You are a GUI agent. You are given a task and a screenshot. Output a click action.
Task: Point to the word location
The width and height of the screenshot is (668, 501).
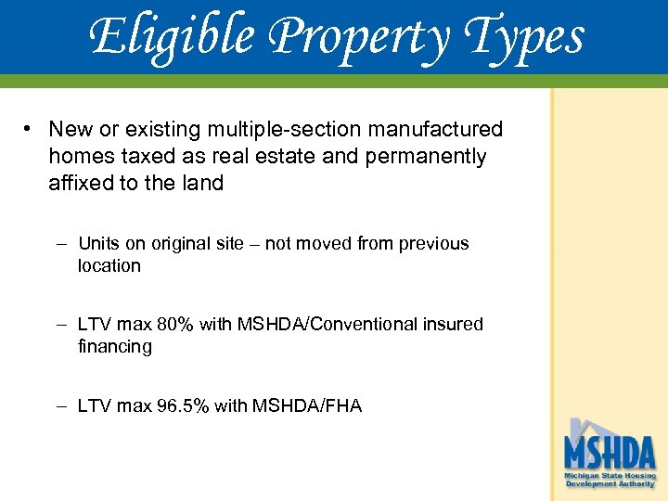[x=109, y=265]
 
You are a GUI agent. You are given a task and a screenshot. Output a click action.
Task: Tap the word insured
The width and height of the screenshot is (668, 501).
[x=453, y=325]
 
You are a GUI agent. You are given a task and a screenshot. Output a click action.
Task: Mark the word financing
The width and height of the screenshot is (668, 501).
[x=115, y=346]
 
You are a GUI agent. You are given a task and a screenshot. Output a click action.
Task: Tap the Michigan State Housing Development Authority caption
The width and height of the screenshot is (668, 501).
[x=610, y=480]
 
